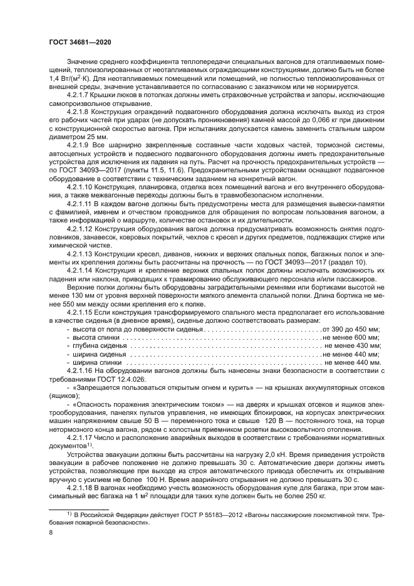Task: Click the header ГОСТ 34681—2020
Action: coord(76,41)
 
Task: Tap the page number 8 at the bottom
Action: coord(51,532)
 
